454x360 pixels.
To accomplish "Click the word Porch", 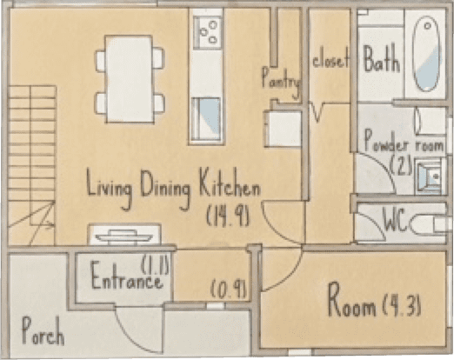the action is [43, 331].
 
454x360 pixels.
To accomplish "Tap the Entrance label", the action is [126, 276].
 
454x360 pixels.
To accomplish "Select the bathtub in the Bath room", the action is [426, 54].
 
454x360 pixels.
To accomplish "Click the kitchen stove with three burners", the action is [208, 32].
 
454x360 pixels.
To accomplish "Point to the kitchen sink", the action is [206, 119].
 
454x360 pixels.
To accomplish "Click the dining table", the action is [130, 79].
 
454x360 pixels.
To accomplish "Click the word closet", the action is [330, 61].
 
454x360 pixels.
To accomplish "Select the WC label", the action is [395, 219].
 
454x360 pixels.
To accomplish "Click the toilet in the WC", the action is [428, 224].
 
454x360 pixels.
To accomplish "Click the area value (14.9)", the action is [228, 217].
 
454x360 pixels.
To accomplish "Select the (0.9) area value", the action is [229, 290].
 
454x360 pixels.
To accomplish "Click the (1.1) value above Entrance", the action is [155, 264].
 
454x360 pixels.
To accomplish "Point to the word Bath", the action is [382, 59].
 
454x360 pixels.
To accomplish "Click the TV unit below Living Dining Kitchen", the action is [124, 234].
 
